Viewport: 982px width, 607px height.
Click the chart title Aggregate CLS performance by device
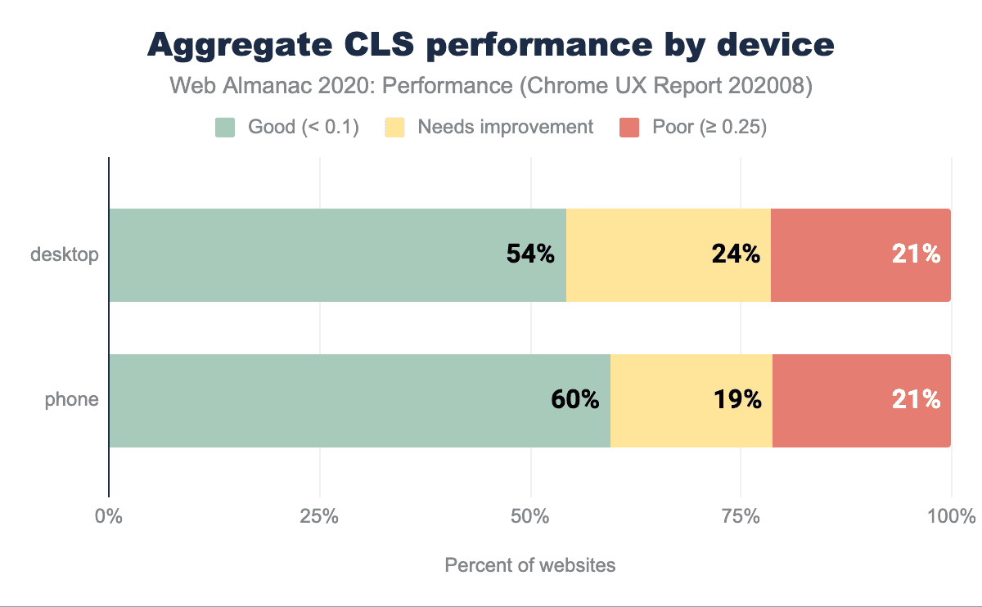491,45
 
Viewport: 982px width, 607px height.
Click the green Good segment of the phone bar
327,401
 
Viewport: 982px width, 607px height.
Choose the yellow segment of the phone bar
671,401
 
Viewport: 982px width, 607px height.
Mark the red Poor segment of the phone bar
843,401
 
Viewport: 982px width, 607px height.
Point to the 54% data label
530,254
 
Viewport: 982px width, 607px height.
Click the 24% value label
736,254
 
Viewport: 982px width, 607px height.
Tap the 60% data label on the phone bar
574,400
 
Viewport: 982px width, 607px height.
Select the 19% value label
737,400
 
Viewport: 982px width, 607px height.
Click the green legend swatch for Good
225,127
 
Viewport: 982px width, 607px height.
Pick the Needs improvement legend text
505,127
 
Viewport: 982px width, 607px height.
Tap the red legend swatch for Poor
629,127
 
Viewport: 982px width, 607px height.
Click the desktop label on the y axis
65,254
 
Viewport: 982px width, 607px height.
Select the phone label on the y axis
71,400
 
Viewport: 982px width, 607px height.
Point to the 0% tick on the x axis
108,517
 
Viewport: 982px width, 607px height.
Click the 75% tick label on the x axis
741,517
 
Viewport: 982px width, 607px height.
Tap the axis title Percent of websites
529,565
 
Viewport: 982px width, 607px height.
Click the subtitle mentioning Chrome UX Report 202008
491,87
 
